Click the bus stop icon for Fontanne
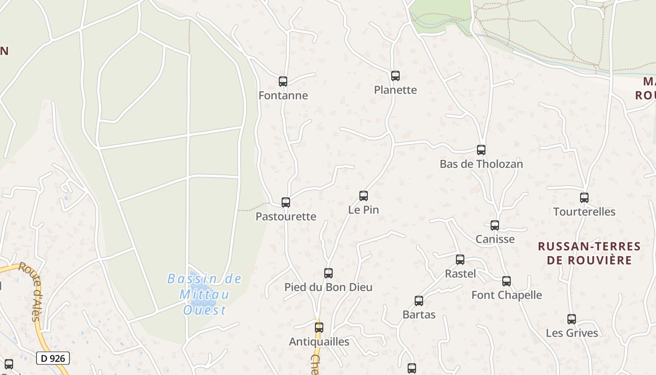(x=283, y=82)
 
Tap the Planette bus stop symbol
(x=395, y=76)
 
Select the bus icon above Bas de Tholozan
(x=481, y=150)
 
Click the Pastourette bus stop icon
(x=286, y=202)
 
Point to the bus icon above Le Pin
(x=364, y=196)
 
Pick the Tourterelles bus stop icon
(x=584, y=198)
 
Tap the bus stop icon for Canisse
(x=495, y=225)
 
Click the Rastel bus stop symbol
(x=460, y=260)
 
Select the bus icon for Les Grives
(x=572, y=319)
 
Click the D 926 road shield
(x=53, y=359)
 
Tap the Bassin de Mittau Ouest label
(x=204, y=294)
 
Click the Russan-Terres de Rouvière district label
(x=589, y=253)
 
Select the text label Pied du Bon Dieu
(x=328, y=287)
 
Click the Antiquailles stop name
(x=319, y=342)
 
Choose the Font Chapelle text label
(x=507, y=295)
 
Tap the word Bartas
(x=419, y=315)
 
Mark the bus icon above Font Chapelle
(x=507, y=281)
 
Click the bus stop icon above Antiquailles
(x=319, y=328)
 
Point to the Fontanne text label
(x=283, y=96)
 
